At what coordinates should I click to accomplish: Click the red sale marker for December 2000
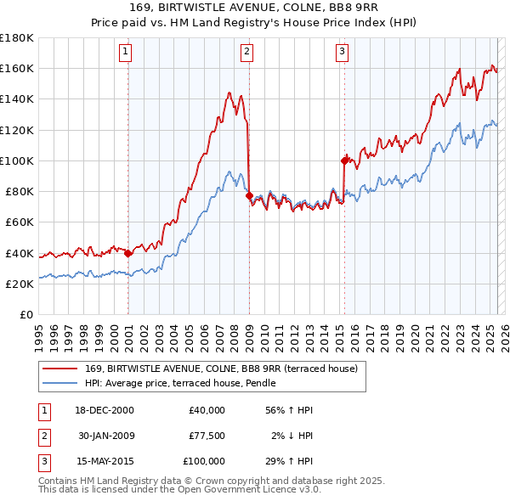pyautogui.click(x=127, y=252)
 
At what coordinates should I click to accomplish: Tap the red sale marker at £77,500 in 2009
pyautogui.click(x=249, y=195)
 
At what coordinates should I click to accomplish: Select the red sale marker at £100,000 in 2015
pyautogui.click(x=344, y=160)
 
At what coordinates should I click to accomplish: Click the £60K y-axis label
pyautogui.click(x=19, y=222)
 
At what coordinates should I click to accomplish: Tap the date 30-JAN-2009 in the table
pyautogui.click(x=106, y=436)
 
